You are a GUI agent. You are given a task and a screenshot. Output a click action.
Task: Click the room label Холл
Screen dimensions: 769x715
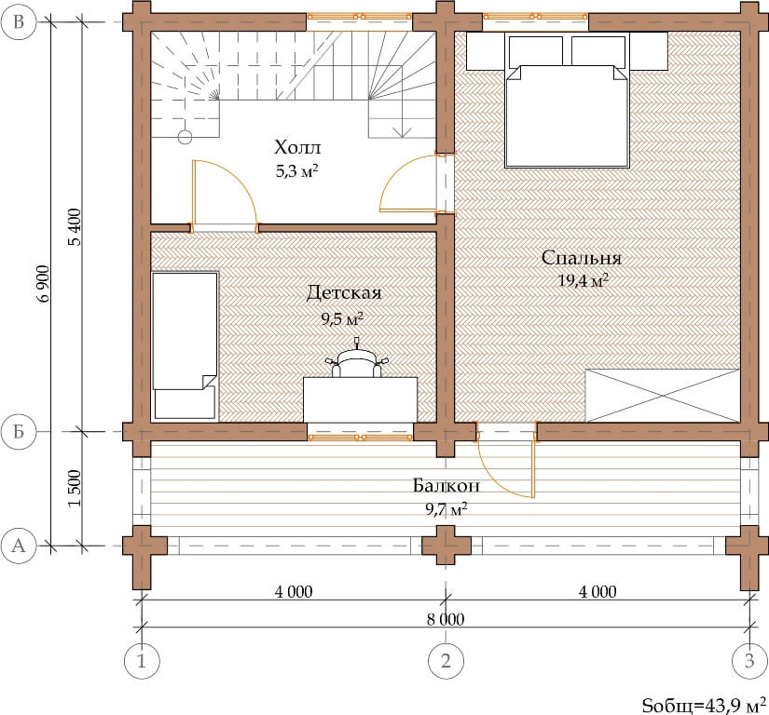(x=297, y=147)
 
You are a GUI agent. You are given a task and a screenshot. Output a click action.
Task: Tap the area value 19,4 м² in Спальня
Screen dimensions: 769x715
(x=584, y=280)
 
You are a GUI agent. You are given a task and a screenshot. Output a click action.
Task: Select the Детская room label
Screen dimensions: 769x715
(x=344, y=293)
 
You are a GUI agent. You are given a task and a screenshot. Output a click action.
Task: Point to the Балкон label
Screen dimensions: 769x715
(x=446, y=485)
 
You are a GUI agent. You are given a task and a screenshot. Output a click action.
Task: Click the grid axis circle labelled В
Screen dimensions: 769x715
(x=19, y=22)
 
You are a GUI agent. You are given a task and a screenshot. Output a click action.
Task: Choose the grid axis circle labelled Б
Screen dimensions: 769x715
(x=19, y=431)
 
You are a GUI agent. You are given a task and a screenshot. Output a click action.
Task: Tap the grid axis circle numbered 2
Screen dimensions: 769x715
(x=446, y=661)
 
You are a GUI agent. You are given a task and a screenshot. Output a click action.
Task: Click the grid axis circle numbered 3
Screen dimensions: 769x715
(x=749, y=661)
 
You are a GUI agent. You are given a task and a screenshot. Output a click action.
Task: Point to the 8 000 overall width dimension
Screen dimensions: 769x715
(x=446, y=619)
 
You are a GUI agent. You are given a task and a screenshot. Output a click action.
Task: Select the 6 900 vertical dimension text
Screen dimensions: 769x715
(x=43, y=284)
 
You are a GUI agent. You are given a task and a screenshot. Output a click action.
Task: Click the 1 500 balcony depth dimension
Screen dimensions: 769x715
(x=74, y=488)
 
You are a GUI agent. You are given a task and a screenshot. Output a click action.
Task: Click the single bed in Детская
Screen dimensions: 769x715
(x=185, y=346)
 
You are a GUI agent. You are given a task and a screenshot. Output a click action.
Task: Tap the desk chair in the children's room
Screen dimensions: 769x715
(x=357, y=361)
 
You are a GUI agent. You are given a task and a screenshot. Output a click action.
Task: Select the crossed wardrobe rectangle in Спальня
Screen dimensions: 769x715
(x=663, y=396)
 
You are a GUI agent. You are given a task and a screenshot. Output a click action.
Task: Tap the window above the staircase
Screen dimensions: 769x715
(x=360, y=17)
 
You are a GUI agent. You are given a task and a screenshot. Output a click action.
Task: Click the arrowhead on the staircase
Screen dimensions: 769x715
(x=402, y=132)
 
